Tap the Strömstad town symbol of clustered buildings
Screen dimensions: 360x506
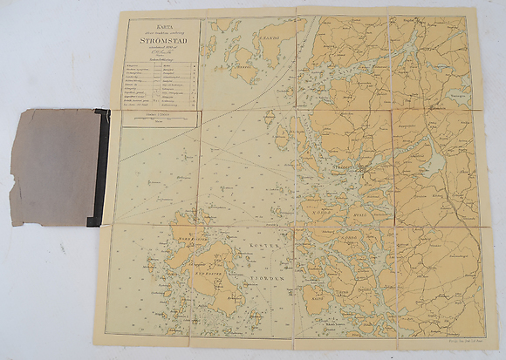[x=359, y=172]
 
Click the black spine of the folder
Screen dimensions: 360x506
[x=102, y=165]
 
